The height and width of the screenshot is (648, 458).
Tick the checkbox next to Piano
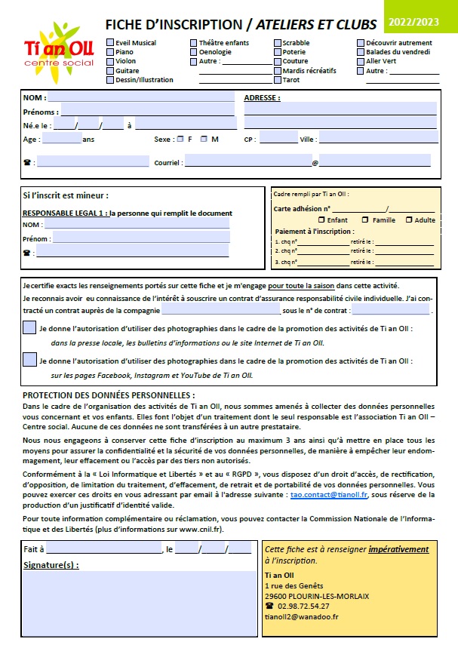click(x=110, y=52)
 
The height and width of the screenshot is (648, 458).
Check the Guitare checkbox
click(x=110, y=70)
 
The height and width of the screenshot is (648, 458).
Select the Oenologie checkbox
click(x=194, y=52)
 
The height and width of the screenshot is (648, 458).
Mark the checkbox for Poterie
click(x=277, y=52)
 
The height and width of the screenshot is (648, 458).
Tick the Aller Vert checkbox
click(x=361, y=61)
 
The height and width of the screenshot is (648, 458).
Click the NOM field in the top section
click(x=141, y=98)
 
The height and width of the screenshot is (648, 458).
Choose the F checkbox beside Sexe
click(x=180, y=140)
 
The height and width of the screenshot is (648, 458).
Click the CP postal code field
click(x=278, y=140)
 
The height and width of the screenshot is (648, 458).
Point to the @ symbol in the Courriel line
click(x=315, y=162)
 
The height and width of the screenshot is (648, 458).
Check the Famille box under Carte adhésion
click(x=365, y=220)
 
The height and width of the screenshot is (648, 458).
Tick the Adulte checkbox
click(x=408, y=220)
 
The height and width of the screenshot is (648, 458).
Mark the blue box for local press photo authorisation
click(x=29, y=327)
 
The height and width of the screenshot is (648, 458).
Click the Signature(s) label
click(x=51, y=565)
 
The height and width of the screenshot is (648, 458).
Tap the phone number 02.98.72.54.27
click(x=303, y=606)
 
